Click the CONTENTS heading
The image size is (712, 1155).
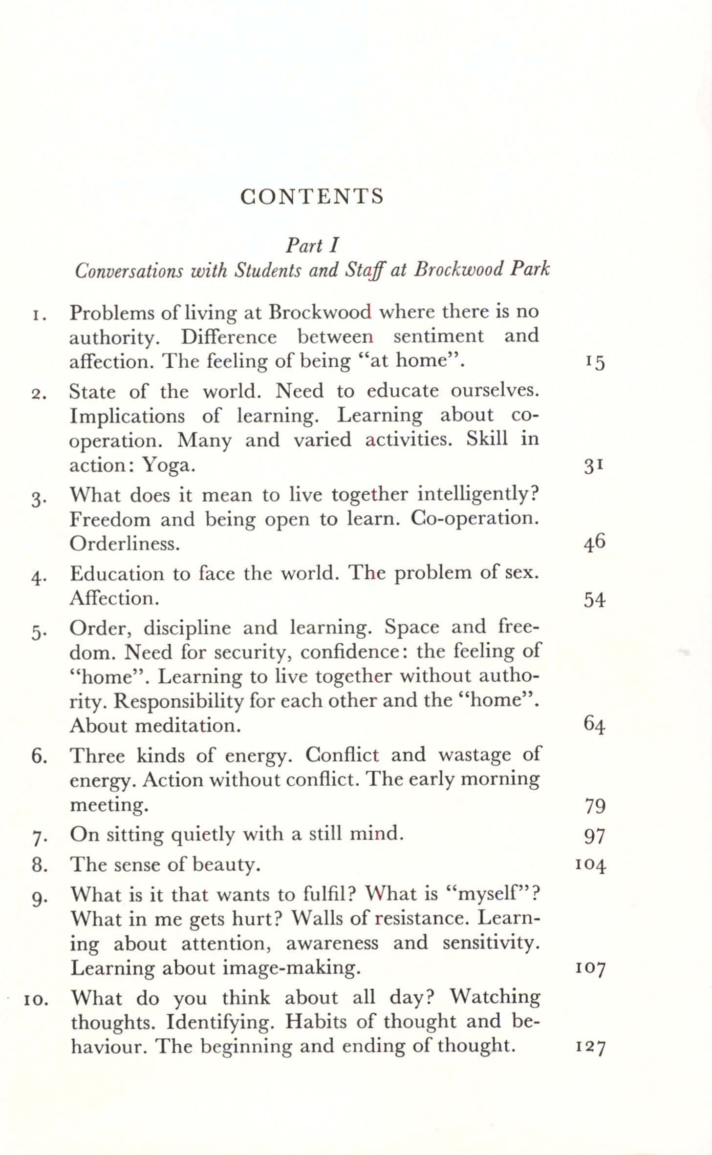coord(312,196)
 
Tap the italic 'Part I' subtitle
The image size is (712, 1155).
coord(312,245)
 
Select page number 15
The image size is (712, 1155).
coord(594,362)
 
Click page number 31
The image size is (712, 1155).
coord(594,466)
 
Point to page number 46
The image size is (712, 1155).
coord(594,543)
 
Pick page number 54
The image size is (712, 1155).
coord(594,599)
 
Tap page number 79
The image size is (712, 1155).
coord(595,806)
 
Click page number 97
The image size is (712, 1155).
coord(595,837)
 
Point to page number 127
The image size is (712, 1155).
coord(590,1047)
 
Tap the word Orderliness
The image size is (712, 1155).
coord(125,544)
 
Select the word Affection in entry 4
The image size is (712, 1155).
coord(114,598)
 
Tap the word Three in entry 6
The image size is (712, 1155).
coord(96,756)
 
